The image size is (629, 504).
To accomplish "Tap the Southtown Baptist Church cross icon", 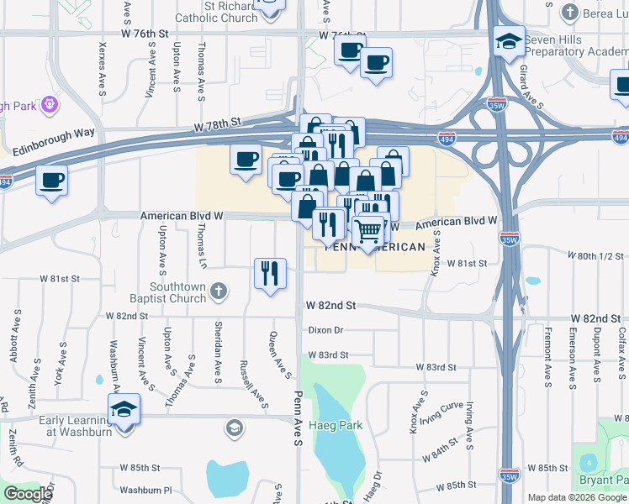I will [219, 292].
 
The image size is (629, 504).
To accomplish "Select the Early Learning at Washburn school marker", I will [124, 410].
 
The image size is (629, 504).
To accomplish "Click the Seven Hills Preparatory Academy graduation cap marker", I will [509, 40].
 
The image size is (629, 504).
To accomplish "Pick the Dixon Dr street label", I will [326, 330].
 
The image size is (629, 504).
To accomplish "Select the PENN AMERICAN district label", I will [375, 247].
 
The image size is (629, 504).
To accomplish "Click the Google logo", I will [28, 494].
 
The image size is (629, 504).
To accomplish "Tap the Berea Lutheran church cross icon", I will [570, 12].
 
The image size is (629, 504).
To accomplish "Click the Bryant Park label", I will [604, 480].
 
